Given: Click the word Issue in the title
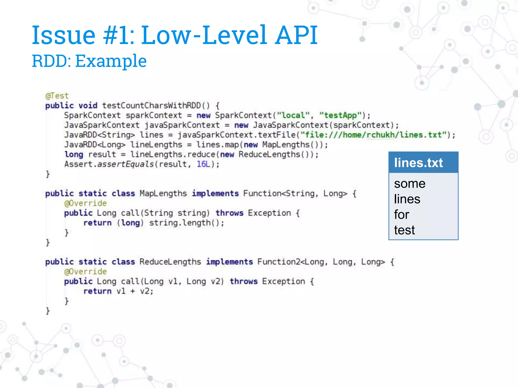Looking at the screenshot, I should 63,35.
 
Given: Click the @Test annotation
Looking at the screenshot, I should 57,96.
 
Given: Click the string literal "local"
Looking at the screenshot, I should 293,115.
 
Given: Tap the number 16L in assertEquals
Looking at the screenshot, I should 203,164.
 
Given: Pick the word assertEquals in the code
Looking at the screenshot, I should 125,164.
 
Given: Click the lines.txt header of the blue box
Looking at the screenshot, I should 418,163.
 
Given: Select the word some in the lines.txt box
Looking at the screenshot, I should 409,184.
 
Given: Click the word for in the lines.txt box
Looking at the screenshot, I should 401,215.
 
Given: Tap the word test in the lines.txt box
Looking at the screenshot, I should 404,230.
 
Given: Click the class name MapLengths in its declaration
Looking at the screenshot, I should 163,193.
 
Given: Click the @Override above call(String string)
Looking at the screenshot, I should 85,203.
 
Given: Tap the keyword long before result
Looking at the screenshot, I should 74,154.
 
